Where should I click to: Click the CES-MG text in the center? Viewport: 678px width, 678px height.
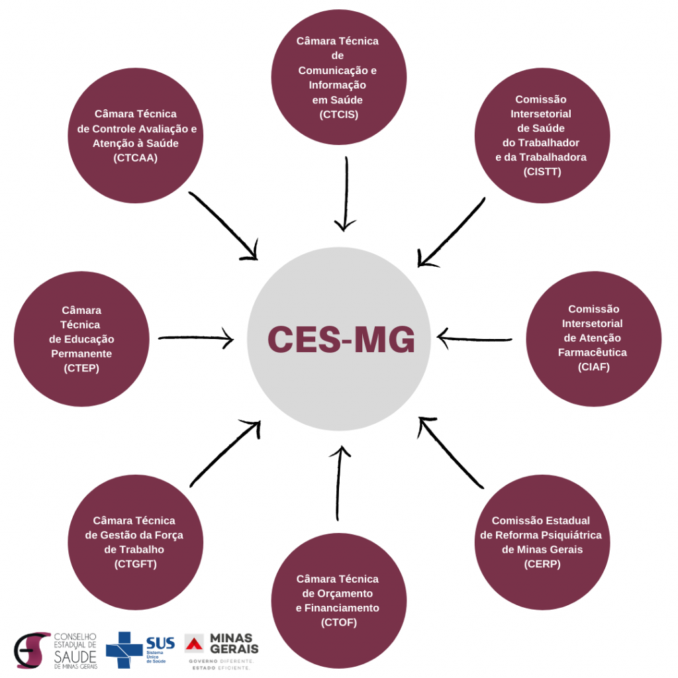[x=341, y=339]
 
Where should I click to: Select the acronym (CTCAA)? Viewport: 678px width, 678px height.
[x=136, y=158]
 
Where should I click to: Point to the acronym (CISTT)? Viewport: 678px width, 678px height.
[x=542, y=172]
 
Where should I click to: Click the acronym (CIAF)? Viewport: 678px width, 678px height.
[x=593, y=367]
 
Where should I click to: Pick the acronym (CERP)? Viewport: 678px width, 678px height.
[x=542, y=564]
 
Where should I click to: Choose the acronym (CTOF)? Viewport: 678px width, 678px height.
[x=338, y=622]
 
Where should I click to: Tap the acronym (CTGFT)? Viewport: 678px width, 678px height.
[x=134, y=564]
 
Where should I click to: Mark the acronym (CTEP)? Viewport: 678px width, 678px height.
[x=81, y=368]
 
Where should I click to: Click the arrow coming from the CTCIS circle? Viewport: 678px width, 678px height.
[x=345, y=195]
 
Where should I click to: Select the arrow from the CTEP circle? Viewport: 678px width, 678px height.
[x=196, y=339]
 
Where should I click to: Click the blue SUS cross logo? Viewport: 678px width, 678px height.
[x=124, y=650]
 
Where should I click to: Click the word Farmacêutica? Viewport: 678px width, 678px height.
[x=593, y=352]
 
